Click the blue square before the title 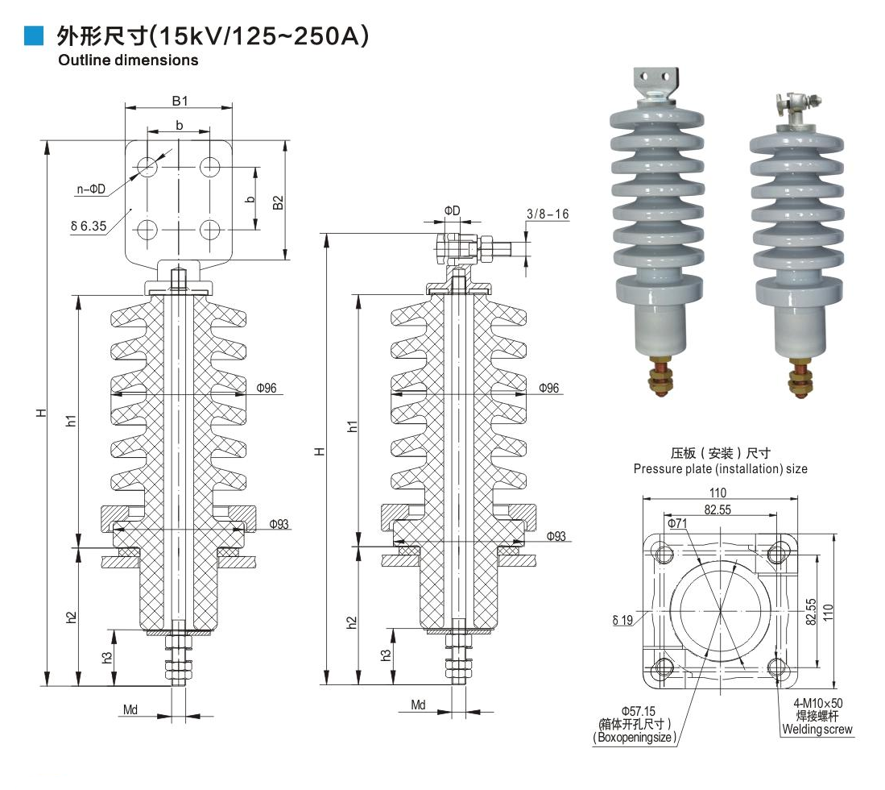(33, 35)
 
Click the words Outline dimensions (128, 60)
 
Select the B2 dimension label (278, 202)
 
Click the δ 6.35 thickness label (89, 227)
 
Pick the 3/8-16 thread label (548, 214)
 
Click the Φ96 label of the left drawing (267, 389)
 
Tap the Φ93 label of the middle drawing (556, 536)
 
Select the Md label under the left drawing (130, 710)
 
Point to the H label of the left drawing (42, 414)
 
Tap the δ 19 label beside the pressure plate (623, 620)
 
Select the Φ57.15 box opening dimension (639, 710)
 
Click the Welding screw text (817, 730)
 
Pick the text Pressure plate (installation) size (720, 468)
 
